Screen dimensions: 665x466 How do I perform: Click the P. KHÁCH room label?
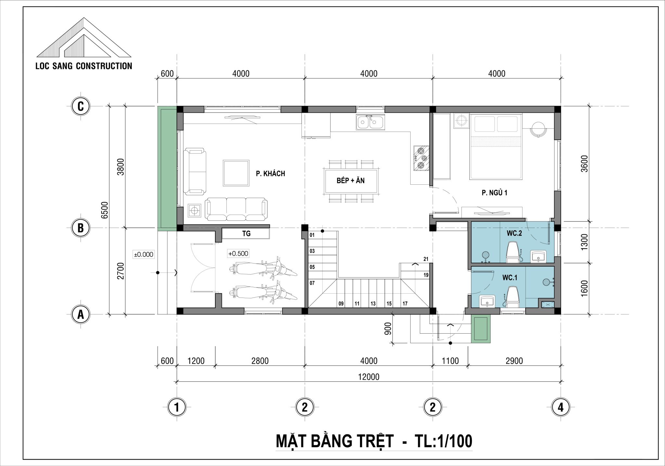click(270, 174)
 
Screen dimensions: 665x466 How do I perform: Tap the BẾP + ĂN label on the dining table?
click(351, 180)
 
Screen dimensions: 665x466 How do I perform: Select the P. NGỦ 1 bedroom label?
click(494, 193)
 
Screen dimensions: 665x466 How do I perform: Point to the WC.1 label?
click(510, 278)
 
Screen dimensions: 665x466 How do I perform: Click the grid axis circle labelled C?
click(81, 106)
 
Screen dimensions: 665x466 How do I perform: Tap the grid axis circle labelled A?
click(81, 314)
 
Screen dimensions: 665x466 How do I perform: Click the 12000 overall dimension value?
click(369, 377)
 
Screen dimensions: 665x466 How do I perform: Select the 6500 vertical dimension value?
click(105, 210)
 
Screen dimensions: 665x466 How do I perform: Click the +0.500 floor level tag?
click(238, 253)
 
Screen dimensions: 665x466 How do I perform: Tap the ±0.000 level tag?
click(144, 254)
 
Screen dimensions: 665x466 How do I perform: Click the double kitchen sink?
click(370, 123)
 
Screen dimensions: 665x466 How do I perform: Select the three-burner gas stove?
click(421, 158)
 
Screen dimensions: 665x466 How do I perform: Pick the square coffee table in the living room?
click(236, 173)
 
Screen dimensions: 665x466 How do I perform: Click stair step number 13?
click(373, 304)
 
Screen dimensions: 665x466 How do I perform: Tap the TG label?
click(246, 233)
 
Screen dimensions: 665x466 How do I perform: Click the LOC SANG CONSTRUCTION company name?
click(84, 66)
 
